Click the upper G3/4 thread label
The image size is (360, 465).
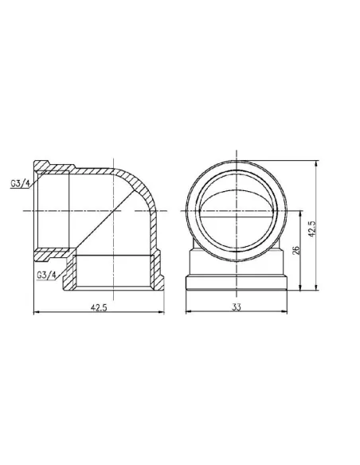pos(20,184)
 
